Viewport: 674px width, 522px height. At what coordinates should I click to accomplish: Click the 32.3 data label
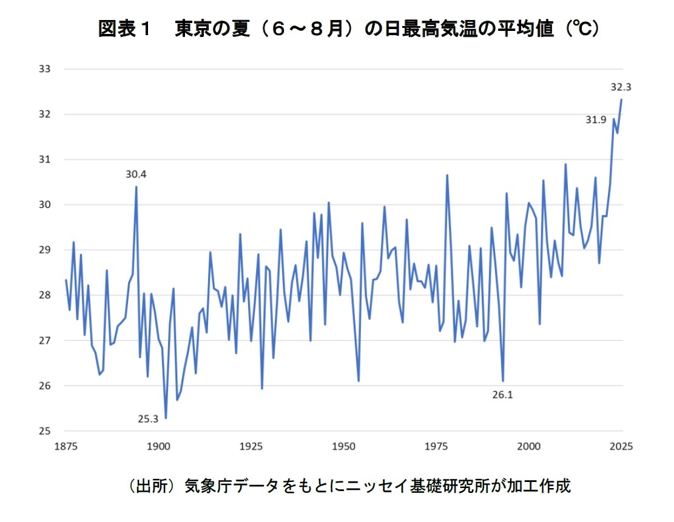(621, 87)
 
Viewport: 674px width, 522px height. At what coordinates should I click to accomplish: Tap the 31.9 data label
(595, 120)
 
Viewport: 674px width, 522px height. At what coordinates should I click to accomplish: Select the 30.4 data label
(136, 175)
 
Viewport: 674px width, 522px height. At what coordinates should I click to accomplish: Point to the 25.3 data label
(147, 418)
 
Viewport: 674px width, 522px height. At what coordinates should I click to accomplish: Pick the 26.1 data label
(502, 395)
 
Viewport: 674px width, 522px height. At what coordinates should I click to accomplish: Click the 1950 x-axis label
(343, 446)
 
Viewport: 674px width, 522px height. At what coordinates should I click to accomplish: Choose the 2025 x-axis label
(621, 446)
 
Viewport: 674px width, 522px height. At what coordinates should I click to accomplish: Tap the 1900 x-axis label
(158, 446)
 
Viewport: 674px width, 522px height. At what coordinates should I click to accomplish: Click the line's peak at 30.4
(136, 187)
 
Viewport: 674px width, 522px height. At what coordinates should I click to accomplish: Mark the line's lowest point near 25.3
(166, 418)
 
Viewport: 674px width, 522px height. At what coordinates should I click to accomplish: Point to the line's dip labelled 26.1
(503, 381)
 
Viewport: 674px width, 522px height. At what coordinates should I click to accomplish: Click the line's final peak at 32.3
(621, 100)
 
